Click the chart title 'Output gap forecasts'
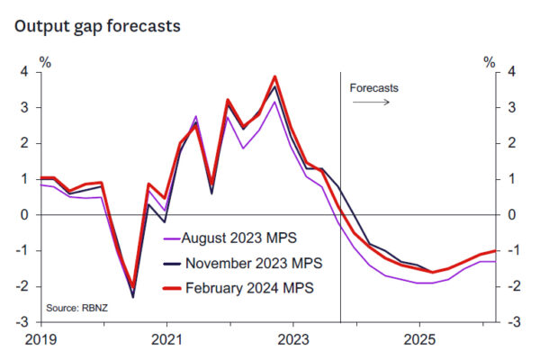97,26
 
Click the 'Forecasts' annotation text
373,88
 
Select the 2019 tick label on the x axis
40,341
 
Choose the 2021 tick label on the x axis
166,341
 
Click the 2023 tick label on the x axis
292,341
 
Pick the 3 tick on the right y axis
509,108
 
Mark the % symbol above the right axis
490,62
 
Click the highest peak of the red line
274,76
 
